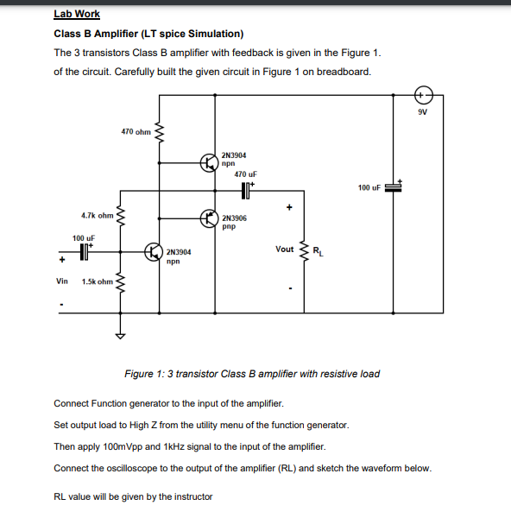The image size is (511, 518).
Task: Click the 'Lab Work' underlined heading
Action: click(x=77, y=14)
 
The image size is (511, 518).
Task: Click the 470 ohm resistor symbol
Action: click(x=159, y=132)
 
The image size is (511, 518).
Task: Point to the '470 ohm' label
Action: click(x=136, y=132)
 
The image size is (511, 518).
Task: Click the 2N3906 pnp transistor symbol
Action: click(x=209, y=218)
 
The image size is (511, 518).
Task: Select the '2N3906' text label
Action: click(x=234, y=218)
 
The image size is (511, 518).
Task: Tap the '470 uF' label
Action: click(x=246, y=174)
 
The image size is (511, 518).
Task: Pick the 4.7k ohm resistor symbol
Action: click(x=121, y=215)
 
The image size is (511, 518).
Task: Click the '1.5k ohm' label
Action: click(x=97, y=281)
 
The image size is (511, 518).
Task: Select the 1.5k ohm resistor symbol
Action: click(x=121, y=281)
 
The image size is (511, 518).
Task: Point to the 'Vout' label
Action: click(x=284, y=249)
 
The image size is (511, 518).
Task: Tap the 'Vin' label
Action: click(x=61, y=281)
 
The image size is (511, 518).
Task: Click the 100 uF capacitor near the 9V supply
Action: click(x=394, y=186)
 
